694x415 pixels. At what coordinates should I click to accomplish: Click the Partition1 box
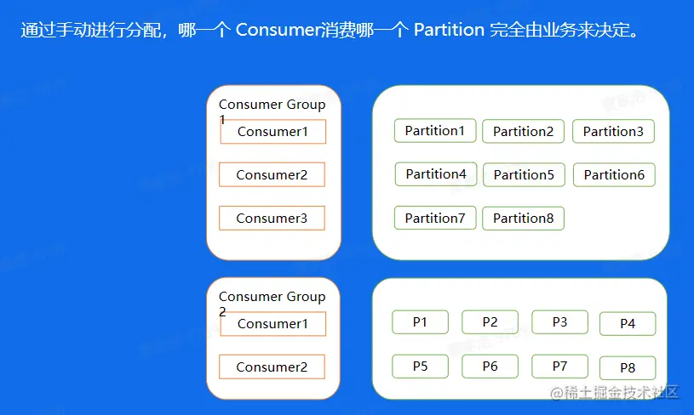tap(434, 131)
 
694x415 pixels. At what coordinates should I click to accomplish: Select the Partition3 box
tap(613, 132)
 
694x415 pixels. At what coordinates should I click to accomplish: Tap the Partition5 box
tap(523, 175)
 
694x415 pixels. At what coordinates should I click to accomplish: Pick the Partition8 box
tap(523, 219)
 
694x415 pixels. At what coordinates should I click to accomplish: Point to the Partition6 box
tap(613, 175)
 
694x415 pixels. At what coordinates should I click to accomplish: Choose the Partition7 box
tap(434, 219)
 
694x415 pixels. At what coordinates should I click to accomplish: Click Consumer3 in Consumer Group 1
tap(272, 219)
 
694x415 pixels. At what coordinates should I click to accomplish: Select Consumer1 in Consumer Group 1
tap(272, 132)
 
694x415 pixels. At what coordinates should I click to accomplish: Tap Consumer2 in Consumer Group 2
tap(272, 367)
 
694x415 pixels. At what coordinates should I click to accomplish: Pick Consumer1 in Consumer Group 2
tap(272, 324)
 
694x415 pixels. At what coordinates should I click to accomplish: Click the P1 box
tap(420, 322)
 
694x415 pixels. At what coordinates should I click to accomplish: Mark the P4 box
tap(628, 324)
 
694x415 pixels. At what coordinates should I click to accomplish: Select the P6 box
tap(490, 367)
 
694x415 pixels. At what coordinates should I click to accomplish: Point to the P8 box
tap(628, 368)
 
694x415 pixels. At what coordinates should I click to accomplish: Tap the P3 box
tap(559, 322)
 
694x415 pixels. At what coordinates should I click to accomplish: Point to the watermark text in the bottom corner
tap(614, 393)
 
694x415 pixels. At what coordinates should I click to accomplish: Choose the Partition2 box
tap(523, 132)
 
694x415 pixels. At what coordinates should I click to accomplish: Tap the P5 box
tap(420, 367)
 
